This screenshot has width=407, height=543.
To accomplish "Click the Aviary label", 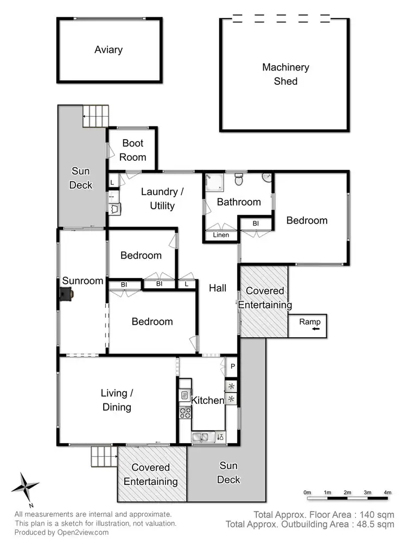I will pos(109,50).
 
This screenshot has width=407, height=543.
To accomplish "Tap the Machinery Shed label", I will pos(285,74).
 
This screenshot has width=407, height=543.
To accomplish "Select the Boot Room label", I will pos(133,150).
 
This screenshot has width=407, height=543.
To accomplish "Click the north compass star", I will pos(25,485).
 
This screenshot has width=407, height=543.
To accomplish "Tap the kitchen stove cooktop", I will pos(185,413).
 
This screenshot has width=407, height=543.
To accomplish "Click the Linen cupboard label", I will pos(221,235).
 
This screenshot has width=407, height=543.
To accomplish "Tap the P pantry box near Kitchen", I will pos(232,367).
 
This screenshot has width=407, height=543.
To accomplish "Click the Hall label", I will pos(218,288).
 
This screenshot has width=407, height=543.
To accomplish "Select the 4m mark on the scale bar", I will pos(387,493).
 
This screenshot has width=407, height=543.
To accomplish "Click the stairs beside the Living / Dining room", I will pos(104,457).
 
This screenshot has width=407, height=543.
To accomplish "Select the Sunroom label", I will pos(82,281).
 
